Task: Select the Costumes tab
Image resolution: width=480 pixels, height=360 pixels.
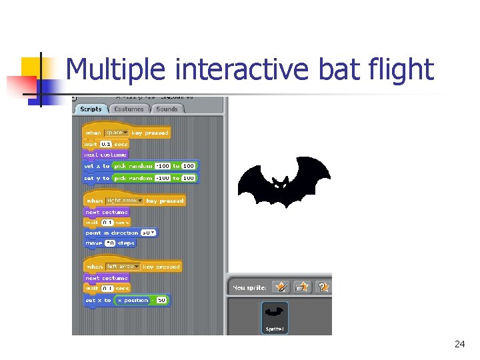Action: [129, 109]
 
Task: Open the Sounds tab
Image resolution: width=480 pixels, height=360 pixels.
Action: [167, 109]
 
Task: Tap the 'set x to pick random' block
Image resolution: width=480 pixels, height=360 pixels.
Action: [93, 166]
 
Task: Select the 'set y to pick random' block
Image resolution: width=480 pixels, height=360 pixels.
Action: [93, 179]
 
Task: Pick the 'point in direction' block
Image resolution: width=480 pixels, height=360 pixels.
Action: [110, 233]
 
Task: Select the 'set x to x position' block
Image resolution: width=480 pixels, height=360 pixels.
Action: [97, 301]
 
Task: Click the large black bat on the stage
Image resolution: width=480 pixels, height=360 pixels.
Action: [283, 187]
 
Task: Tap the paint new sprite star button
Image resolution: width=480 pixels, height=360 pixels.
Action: [282, 287]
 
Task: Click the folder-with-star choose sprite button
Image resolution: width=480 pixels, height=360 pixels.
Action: [303, 287]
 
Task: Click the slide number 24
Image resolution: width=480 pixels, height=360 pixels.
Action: [459, 344]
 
